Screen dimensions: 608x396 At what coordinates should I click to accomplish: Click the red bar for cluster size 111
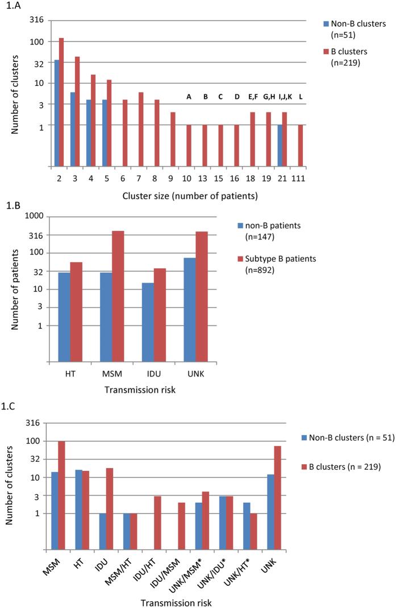click(301, 146)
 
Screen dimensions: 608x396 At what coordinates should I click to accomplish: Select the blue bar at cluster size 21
click(280, 146)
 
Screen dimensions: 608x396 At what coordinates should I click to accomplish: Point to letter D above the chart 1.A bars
click(237, 97)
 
